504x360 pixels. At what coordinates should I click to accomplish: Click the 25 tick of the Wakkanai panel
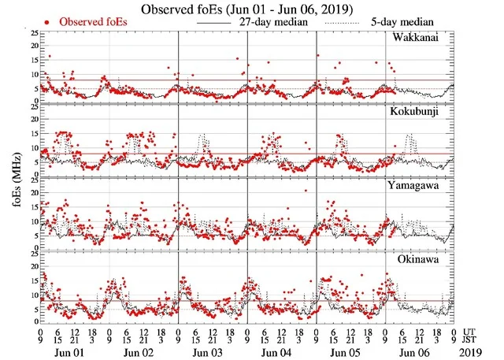pyautogui.click(x=32, y=34)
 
